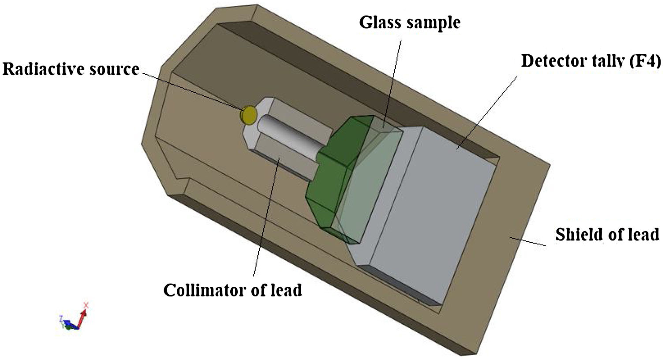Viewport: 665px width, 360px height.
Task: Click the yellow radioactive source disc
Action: point(248,115)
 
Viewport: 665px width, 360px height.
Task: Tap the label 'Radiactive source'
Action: point(71,69)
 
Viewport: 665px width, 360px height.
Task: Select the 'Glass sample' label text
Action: point(410,22)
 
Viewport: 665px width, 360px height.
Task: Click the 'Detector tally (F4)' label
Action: point(591,61)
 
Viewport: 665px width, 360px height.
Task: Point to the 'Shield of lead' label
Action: point(607,234)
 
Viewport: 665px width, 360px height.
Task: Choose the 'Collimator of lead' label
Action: point(232,290)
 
